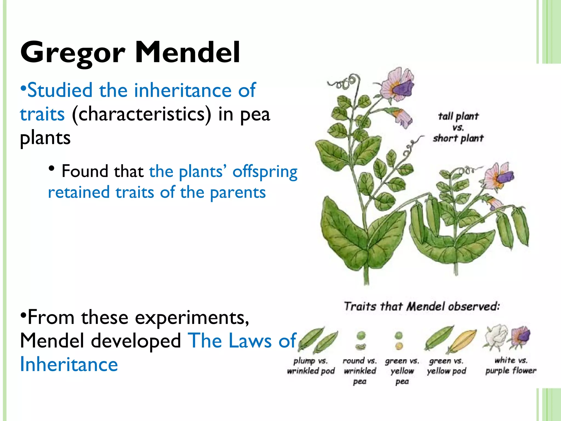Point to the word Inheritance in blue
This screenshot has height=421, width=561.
point(69,364)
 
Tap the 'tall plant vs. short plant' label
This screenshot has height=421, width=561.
point(458,127)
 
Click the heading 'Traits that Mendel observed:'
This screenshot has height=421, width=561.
point(422,306)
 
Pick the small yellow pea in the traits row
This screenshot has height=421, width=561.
point(399,346)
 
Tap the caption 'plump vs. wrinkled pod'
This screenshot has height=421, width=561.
point(311,366)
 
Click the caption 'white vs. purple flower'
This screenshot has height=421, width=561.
point(511,365)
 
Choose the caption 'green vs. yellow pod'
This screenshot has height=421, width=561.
point(446,366)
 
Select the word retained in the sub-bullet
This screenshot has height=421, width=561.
point(79,192)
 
